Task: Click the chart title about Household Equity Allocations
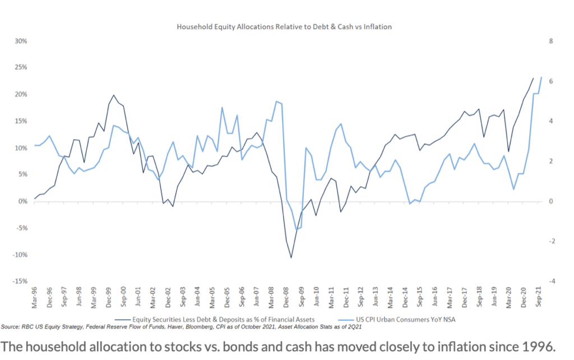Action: [x=284, y=26]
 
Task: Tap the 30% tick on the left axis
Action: [x=21, y=41]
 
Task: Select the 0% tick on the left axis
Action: [x=22, y=201]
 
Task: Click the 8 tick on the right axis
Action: [x=551, y=41]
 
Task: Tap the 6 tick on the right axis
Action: [x=551, y=81]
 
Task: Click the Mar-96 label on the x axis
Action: [x=35, y=298]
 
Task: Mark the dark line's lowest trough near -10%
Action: [x=291, y=257]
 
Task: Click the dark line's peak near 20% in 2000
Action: [x=114, y=95]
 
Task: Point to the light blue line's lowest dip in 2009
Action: [x=297, y=229]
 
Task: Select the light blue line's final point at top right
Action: [x=541, y=77]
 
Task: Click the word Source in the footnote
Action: [x=11, y=326]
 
